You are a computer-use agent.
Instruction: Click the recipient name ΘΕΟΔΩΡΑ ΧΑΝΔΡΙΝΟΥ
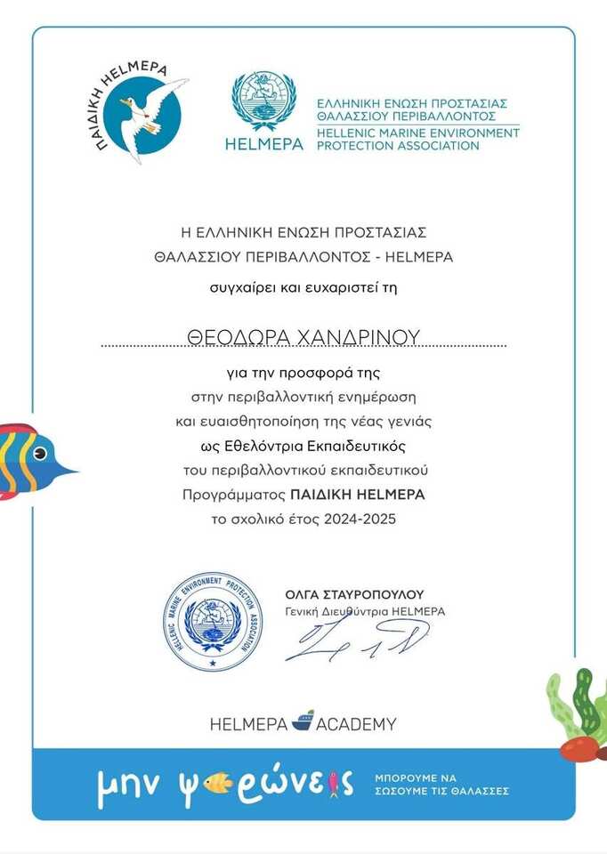coord(303,335)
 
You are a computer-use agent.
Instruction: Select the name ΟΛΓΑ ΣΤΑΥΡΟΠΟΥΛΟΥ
coord(355,594)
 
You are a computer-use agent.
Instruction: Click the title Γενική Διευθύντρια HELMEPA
coord(365,612)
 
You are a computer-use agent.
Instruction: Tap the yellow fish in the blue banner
coord(216,783)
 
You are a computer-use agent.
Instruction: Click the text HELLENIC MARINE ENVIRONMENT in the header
coord(417,133)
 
